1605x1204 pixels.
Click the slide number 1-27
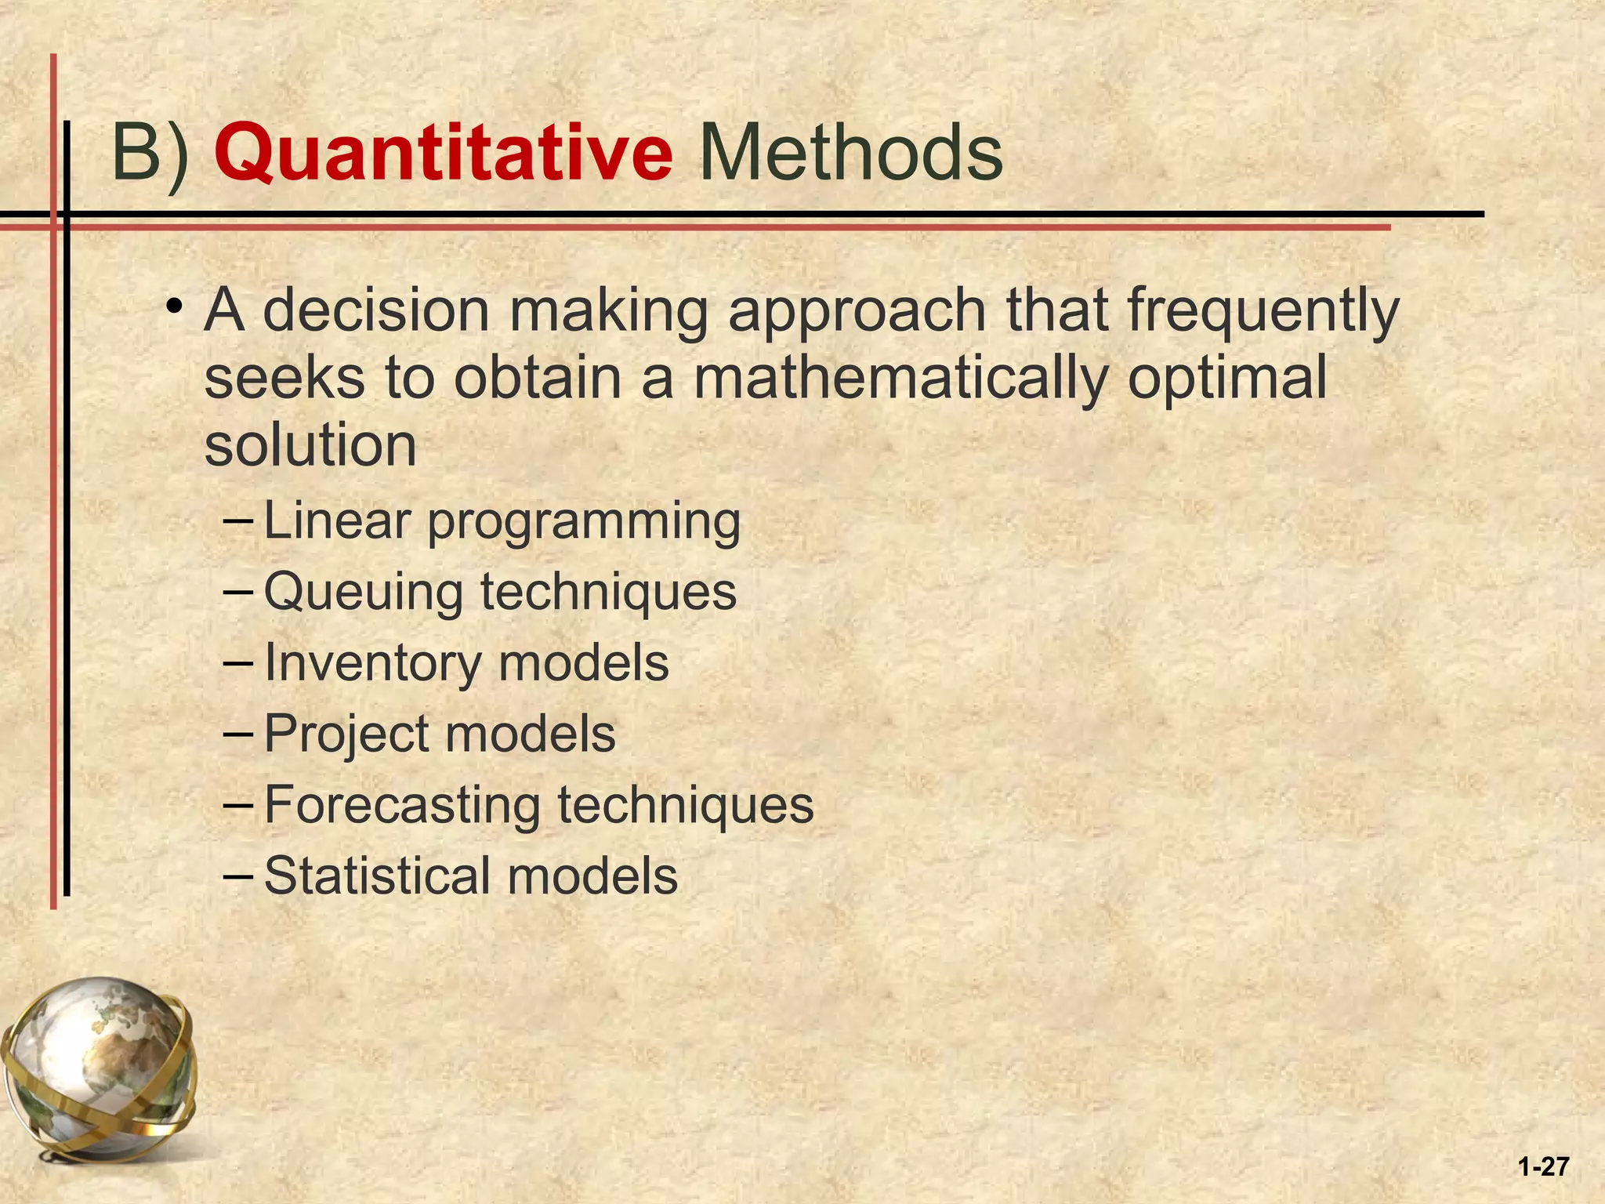[1542, 1166]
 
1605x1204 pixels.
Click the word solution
[310, 445]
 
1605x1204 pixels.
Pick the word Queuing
[364, 593]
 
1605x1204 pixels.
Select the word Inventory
[372, 664]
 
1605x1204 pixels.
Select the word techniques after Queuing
[608, 593]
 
